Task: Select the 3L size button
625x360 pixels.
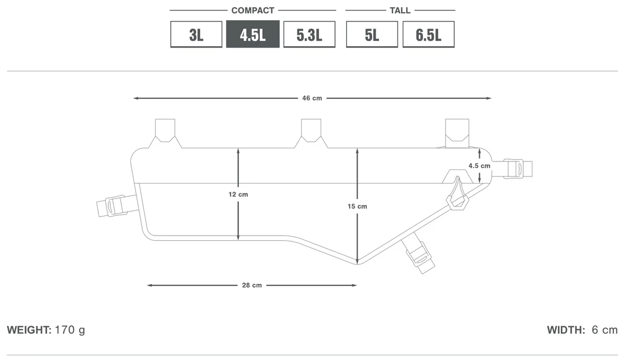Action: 196,34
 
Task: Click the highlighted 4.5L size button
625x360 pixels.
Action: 253,34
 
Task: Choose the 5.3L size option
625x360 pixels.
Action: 309,34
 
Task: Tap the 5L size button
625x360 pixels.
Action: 372,34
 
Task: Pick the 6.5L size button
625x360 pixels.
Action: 428,34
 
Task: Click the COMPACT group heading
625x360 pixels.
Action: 253,10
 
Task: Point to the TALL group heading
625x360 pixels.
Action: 400,10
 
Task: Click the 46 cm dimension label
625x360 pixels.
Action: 312,98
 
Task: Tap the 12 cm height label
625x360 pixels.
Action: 238,194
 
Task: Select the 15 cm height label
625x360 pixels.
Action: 357,207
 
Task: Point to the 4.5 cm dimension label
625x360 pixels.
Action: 479,166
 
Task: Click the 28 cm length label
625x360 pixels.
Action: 252,285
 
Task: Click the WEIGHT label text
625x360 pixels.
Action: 29,330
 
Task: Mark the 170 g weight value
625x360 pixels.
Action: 70,330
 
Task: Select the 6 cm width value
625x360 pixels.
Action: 605,330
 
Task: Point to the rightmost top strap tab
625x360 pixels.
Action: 457,133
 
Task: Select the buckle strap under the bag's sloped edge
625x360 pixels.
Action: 418,254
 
